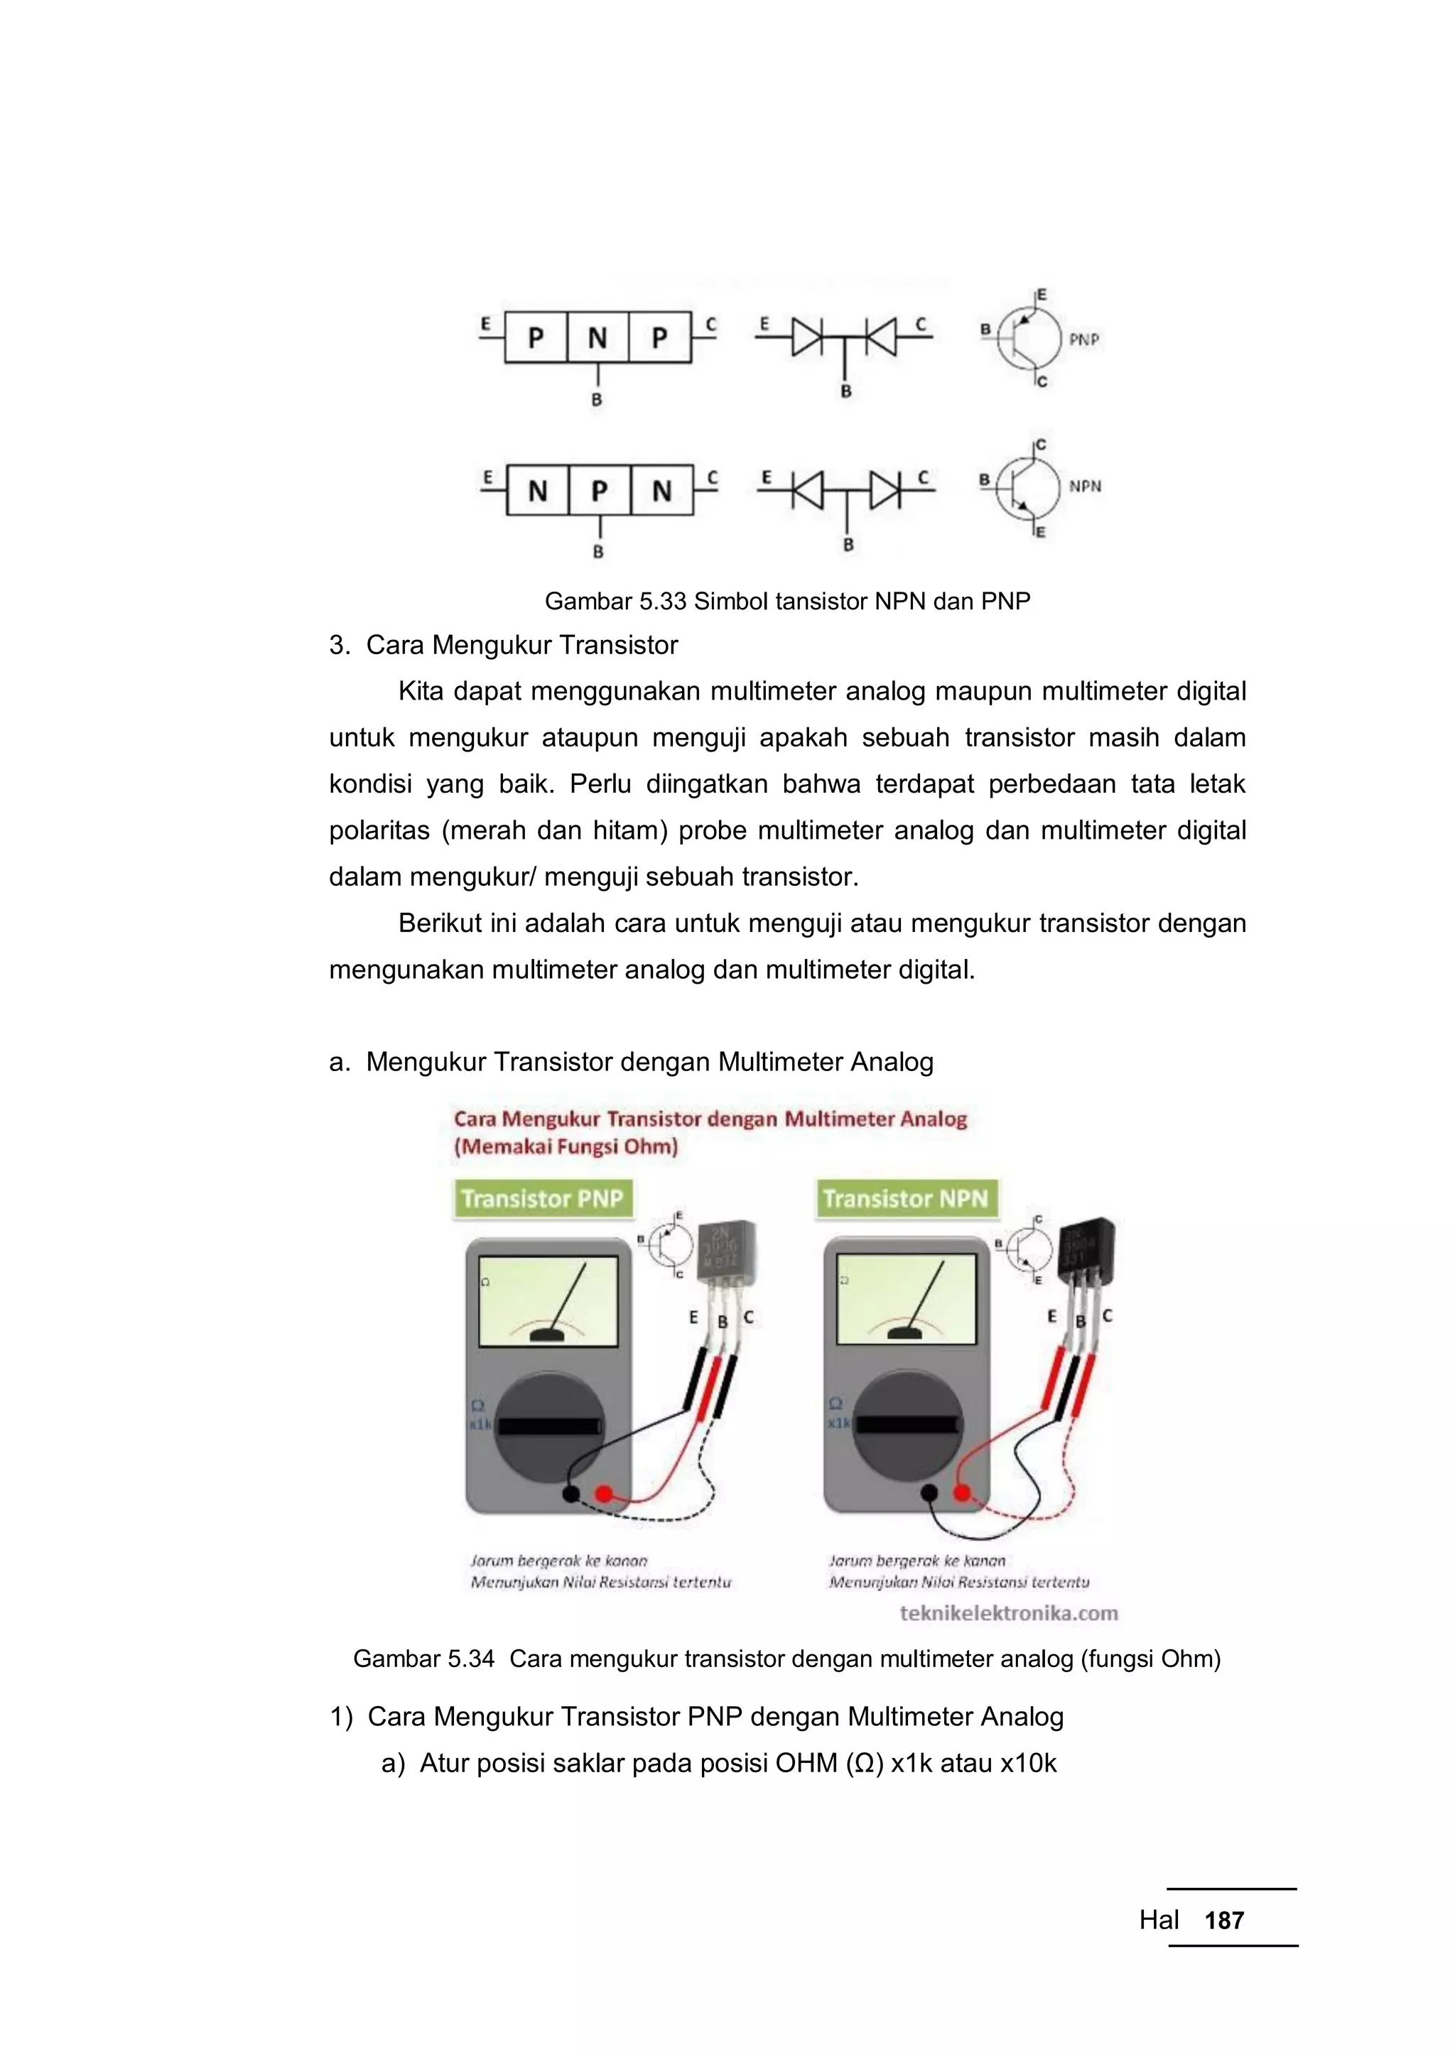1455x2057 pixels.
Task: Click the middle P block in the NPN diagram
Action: click(x=600, y=490)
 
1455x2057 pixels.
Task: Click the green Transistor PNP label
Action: click(x=541, y=1199)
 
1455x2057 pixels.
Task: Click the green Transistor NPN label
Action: click(x=905, y=1199)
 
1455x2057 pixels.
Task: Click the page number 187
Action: click(x=1224, y=1920)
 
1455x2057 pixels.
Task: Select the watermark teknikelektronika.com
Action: click(x=1009, y=1612)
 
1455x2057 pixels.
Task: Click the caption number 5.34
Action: click(x=470, y=1659)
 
